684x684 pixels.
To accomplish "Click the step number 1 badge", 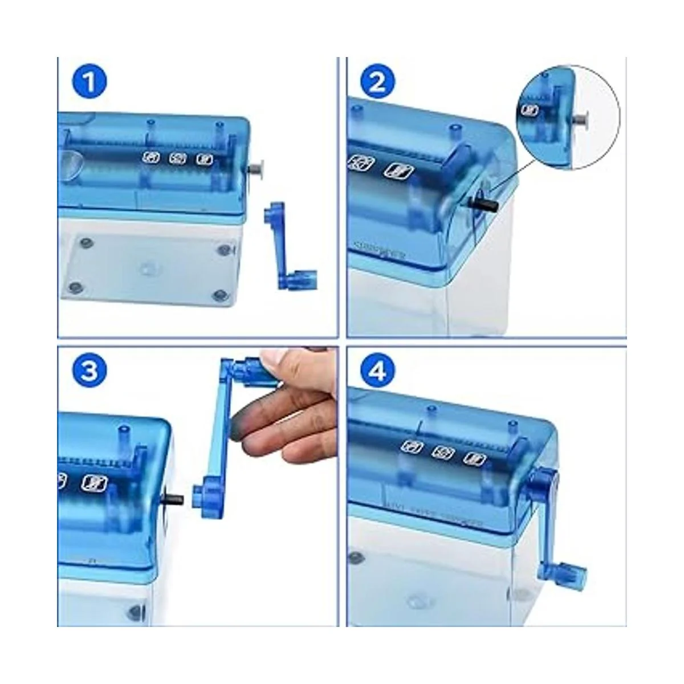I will click(89, 83).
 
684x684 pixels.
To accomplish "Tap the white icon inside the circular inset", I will click(531, 109).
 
